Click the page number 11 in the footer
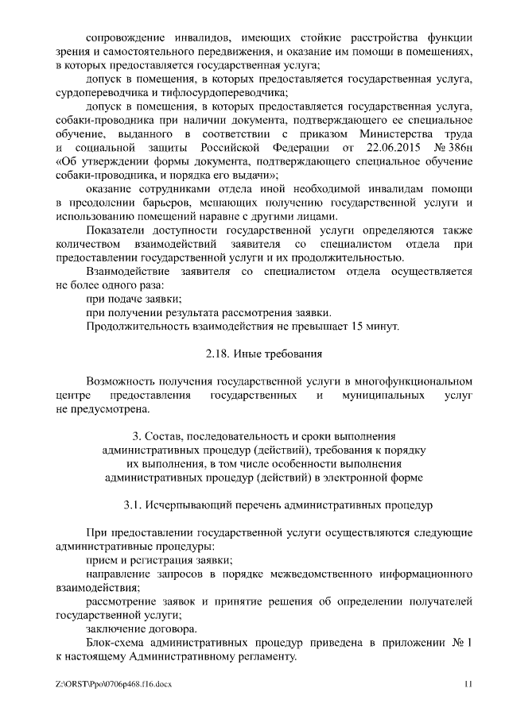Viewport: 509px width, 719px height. click(468, 683)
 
